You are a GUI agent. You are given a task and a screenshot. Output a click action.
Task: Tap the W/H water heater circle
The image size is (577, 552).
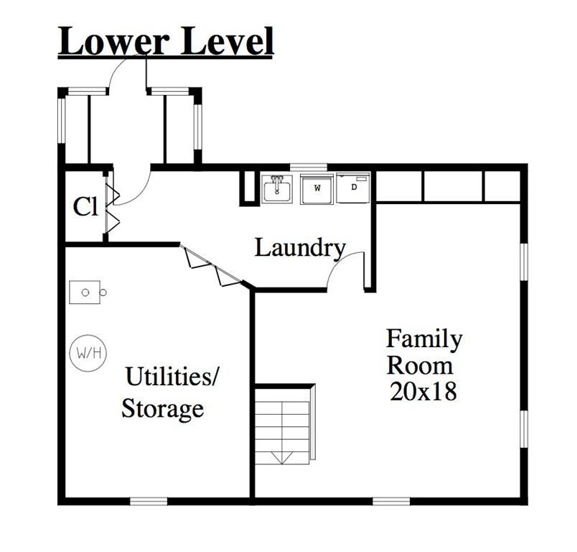(88, 353)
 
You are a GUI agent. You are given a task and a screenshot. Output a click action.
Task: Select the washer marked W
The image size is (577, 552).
(316, 189)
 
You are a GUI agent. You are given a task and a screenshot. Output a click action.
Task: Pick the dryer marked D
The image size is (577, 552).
(353, 188)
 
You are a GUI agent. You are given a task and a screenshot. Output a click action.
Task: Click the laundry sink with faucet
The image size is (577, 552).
(277, 188)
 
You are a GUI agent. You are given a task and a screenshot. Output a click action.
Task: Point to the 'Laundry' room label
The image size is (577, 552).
(300, 249)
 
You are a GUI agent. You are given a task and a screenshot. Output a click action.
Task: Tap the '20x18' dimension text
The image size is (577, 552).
(423, 391)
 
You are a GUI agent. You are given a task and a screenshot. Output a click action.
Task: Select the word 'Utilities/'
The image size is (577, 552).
(172, 376)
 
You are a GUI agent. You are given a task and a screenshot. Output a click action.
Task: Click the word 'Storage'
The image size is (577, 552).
(163, 409)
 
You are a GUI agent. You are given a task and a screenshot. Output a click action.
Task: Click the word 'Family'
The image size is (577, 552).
(424, 339)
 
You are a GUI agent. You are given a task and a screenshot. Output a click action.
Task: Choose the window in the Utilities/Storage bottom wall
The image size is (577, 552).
(149, 501)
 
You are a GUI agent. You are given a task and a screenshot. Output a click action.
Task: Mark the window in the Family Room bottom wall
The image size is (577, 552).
(391, 501)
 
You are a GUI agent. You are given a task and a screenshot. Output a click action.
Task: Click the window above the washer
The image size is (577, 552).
(309, 167)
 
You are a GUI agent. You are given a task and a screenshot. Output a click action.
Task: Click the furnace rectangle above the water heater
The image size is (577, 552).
(85, 293)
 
